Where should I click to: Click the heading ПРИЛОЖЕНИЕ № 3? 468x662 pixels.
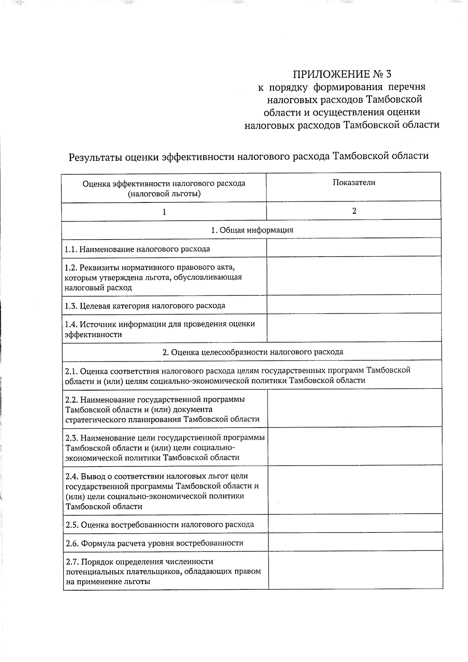click(342, 74)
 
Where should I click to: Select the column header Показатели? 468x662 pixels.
click(354, 182)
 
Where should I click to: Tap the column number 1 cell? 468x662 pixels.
click(164, 212)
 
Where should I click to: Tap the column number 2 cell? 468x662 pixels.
click(354, 211)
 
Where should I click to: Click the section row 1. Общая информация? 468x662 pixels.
click(252, 230)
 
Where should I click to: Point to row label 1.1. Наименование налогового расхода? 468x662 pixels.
click(137, 249)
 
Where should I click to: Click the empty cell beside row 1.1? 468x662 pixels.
click(354, 248)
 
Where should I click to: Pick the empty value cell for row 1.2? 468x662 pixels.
click(354, 276)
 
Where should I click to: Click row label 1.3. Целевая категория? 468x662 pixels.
click(145, 305)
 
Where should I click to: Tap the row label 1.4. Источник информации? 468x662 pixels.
click(160, 329)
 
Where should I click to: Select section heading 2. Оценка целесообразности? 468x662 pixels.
click(252, 352)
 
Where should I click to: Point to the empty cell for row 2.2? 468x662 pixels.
click(355, 408)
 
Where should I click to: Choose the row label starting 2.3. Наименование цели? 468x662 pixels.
click(165, 447)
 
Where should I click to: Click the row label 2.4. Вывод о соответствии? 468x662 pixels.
click(162, 491)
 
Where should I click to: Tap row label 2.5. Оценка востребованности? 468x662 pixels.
click(160, 525)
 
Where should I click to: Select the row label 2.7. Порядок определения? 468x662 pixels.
click(163, 571)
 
